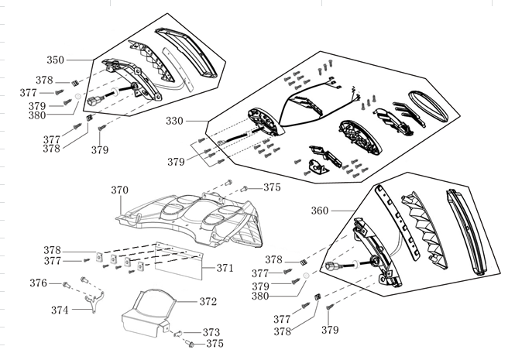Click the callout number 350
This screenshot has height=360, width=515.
[x=55, y=60]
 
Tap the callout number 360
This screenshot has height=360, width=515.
[x=320, y=211]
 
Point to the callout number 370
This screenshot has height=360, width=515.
[x=119, y=190]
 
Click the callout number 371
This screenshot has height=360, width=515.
[x=224, y=268]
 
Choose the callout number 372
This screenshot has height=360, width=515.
[x=208, y=301]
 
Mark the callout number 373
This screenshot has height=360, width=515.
[x=211, y=332]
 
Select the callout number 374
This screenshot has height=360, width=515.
[x=59, y=310]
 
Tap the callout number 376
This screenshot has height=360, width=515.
[x=39, y=283]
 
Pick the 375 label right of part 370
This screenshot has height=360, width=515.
[x=272, y=187]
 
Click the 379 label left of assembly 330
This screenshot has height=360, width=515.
[x=177, y=162]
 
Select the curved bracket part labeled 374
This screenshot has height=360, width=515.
[x=93, y=301]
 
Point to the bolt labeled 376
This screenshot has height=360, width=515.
[x=66, y=285]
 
